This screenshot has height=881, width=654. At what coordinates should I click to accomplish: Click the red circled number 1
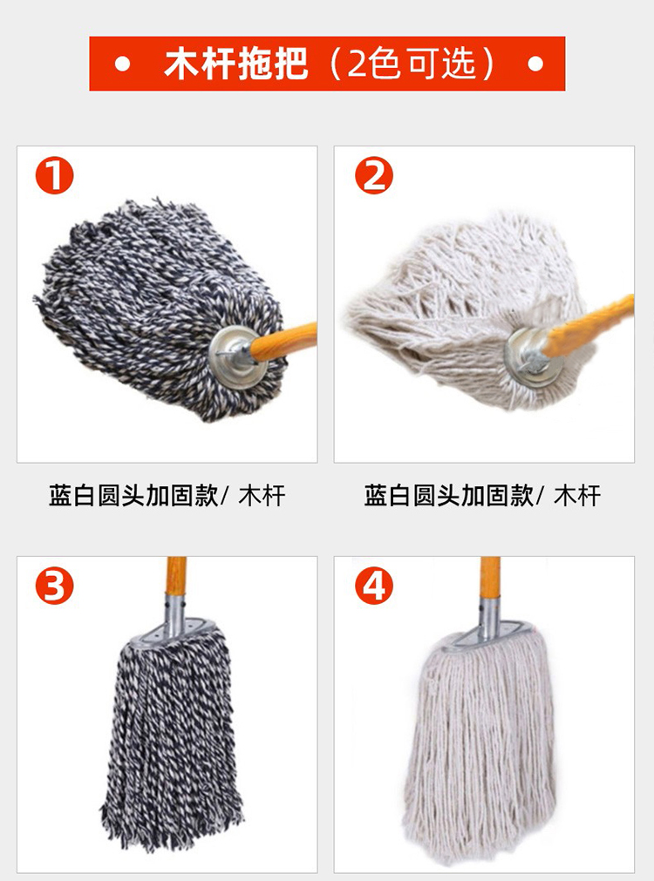[55, 175]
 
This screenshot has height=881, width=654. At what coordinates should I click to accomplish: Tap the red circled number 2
[373, 175]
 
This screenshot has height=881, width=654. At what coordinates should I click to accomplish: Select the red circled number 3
[55, 586]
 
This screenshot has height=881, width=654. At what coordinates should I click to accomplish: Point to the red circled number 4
[373, 586]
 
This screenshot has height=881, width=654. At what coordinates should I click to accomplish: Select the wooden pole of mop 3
[176, 579]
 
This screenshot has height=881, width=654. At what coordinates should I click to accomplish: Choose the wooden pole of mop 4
[490, 579]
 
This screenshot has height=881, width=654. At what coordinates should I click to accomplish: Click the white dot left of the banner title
[122, 64]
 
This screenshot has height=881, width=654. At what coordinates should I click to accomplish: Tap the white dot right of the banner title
[535, 64]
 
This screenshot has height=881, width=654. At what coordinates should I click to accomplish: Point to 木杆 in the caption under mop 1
[262, 496]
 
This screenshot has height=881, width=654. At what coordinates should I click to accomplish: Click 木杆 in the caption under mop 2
[577, 496]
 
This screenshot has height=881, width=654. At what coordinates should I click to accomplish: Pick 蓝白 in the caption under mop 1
[72, 496]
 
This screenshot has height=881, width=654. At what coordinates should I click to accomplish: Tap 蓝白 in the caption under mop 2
[387, 496]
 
